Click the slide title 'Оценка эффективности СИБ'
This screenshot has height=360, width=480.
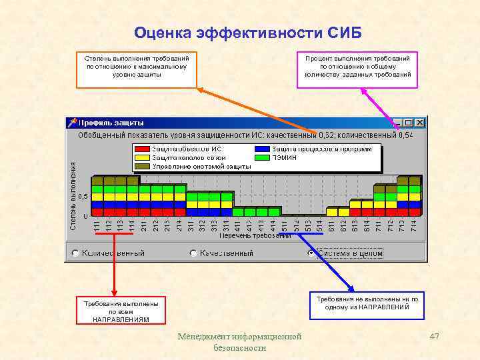coord(247,33)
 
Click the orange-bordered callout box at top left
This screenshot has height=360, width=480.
coord(137,70)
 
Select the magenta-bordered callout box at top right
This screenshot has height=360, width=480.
coord(357,70)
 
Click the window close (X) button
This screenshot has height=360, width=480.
coord(419,123)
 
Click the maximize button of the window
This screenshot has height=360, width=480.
coord(408,123)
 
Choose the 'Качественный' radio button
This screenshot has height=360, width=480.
coord(193,253)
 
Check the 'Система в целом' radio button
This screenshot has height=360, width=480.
coord(311,253)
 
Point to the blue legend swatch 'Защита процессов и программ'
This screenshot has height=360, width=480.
coord(263,149)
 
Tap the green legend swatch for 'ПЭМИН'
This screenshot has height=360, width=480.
coord(263,157)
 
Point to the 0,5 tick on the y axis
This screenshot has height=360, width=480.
coord(83,197)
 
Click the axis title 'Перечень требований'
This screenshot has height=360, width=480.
coord(255,235)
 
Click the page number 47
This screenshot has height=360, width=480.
coord(435,337)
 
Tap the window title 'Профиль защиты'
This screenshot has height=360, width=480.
coord(111,123)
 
